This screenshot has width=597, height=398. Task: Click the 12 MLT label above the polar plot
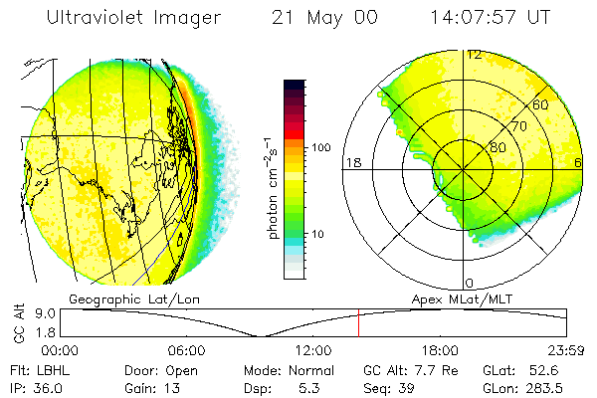click(x=474, y=55)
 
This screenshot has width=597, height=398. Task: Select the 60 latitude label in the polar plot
click(x=541, y=104)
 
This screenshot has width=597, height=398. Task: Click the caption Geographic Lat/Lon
click(x=121, y=298)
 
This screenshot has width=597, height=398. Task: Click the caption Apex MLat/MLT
click(x=460, y=298)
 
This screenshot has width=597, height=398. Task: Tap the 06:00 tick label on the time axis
click(x=186, y=350)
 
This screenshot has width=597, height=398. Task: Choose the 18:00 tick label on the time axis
click(x=440, y=350)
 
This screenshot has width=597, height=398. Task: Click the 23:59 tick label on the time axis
click(x=566, y=350)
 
